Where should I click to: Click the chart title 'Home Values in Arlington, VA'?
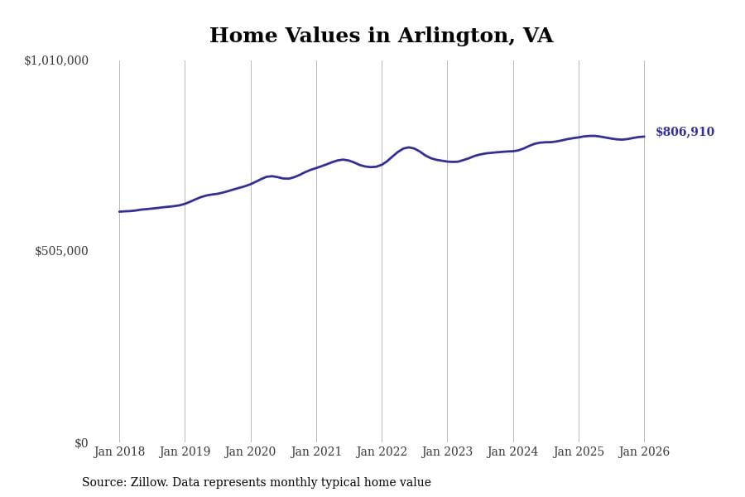click(381, 36)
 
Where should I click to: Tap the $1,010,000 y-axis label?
click(56, 60)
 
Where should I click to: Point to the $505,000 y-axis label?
click(61, 251)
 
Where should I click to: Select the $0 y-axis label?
click(81, 443)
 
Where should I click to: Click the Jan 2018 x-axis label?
click(119, 452)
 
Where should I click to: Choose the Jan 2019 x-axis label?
click(185, 452)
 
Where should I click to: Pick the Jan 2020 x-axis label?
click(250, 452)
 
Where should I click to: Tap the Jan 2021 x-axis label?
click(316, 452)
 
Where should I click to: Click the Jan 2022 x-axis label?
click(382, 452)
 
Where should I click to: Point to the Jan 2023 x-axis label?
click(447, 452)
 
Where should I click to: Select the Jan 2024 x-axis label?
click(512, 452)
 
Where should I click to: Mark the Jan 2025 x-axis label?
click(579, 452)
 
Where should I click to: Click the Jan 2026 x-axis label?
click(644, 452)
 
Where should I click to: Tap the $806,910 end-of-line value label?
click(685, 133)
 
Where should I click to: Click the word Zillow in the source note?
click(148, 483)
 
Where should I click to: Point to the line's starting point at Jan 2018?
click(119, 211)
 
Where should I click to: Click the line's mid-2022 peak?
click(408, 147)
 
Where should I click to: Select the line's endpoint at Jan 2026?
click(644, 137)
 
